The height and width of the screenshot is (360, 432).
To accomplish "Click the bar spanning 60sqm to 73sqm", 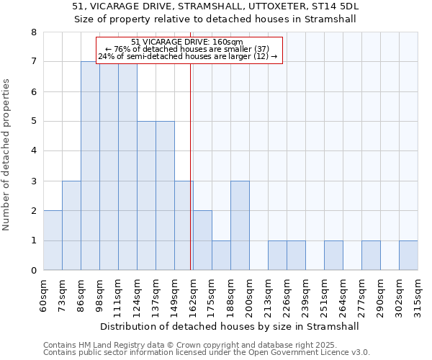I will point(53,240).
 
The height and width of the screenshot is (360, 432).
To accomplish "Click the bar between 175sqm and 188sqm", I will point(221,256).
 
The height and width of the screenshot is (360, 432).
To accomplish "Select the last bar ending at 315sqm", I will point(408,256).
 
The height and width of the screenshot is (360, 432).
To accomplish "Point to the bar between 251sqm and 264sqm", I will point(333,256).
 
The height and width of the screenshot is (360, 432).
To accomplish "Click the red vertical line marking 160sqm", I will point(190,180).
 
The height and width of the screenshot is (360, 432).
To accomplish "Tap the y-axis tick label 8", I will point(33,32).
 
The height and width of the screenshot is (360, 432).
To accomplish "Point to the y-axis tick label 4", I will point(33,151).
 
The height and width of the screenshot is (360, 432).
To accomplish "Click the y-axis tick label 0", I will point(33,271).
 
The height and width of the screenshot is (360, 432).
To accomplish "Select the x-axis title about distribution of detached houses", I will point(230,326).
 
